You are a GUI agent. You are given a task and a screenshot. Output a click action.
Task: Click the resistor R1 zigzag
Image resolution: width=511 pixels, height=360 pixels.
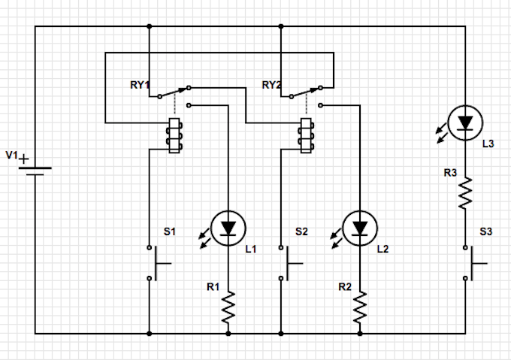click(228, 307)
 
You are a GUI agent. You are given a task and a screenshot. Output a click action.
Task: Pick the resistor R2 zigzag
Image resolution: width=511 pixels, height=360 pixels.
click(360, 307)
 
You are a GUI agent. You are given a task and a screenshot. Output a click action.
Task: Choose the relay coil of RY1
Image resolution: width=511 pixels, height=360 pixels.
click(174, 135)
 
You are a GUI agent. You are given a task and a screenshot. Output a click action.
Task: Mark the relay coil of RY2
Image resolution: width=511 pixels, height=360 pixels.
click(307, 135)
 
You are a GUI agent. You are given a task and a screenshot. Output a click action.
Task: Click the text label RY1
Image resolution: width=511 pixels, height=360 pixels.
click(141, 86)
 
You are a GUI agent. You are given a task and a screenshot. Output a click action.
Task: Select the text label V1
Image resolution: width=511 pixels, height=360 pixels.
click(11, 155)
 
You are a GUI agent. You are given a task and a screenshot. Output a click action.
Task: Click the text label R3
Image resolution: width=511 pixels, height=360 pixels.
click(450, 173)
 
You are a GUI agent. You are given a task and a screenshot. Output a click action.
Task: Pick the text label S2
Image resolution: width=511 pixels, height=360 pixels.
click(301, 231)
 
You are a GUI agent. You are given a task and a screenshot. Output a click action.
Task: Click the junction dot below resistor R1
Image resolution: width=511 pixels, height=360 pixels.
click(228, 332)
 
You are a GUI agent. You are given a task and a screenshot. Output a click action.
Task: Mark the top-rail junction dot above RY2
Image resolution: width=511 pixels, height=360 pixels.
click(281, 27)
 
